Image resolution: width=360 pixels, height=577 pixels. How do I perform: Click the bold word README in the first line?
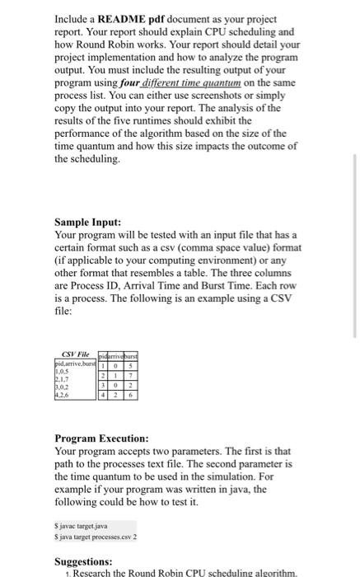point(125,17)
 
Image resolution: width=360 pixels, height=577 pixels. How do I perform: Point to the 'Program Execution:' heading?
point(101,439)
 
